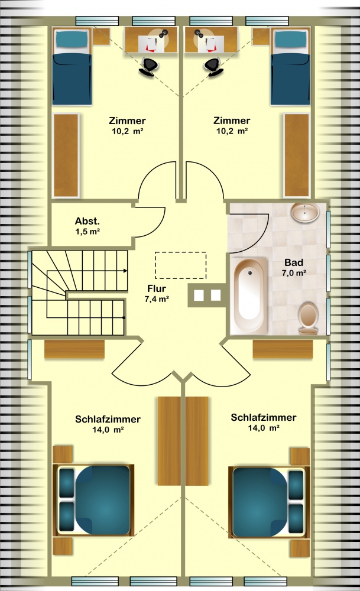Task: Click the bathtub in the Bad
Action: click(249, 295)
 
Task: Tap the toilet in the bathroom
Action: click(308, 319)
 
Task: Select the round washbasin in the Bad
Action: click(305, 213)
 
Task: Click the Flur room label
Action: click(157, 289)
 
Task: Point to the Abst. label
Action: click(87, 221)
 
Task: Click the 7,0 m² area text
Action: click(294, 273)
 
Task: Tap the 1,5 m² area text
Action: click(87, 232)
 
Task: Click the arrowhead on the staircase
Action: click(125, 270)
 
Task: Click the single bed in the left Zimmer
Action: click(72, 67)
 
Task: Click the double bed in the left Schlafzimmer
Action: click(94, 500)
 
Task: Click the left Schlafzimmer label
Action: click(108, 419)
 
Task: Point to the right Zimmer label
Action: click(232, 121)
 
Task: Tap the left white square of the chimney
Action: click(199, 295)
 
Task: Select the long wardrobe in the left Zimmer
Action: click(66, 155)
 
